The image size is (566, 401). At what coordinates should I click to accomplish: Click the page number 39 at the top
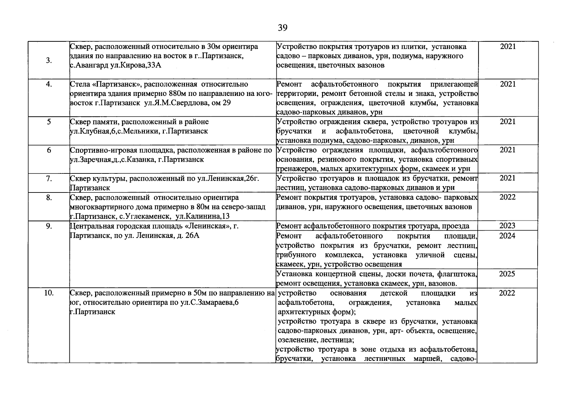coord(282,28)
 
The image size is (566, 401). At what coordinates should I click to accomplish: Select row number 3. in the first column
coord(49,60)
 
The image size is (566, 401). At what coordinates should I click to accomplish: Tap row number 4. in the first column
coord(49,84)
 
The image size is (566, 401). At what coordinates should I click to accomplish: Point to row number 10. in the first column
coord(49,293)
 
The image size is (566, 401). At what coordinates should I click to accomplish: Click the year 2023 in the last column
coord(507,226)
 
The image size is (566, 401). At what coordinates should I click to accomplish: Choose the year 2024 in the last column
coord(507,236)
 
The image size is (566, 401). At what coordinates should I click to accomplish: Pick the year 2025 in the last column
coord(507,274)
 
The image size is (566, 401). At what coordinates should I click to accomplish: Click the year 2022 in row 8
coord(507,197)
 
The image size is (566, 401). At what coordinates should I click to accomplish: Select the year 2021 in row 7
coord(507,178)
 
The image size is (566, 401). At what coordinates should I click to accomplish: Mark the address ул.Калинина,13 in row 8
coord(203,216)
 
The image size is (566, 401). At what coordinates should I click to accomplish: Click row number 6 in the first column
coord(49,150)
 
